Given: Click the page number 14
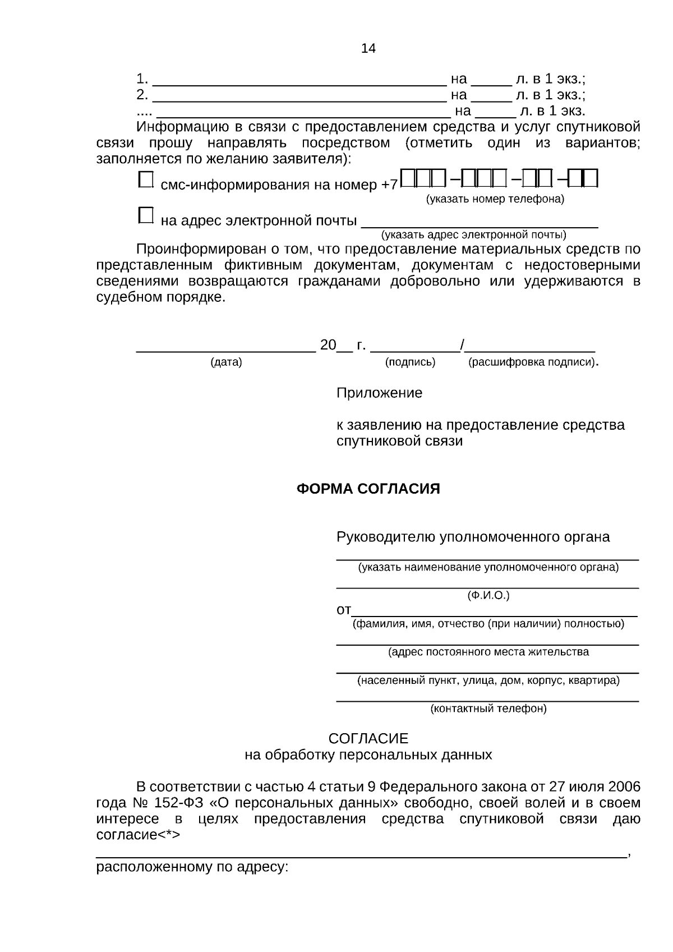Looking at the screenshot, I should coord(368,48).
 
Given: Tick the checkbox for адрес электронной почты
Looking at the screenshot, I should coord(145,215).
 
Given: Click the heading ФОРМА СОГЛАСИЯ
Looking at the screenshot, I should coord(368,489).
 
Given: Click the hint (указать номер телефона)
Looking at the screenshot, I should coord(495,199).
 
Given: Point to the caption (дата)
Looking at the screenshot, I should coord(226,362).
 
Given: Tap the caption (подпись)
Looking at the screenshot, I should coord(410,362).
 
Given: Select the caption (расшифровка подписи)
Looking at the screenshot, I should coord(532,362).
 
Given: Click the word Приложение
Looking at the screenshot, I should coord(379,393).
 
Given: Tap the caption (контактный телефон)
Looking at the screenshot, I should coord(488,709).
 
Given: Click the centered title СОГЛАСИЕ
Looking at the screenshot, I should coord(368,738).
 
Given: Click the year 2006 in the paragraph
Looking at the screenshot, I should coord(624,787).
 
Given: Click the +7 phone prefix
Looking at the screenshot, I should coord(389,185).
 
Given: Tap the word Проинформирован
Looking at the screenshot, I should coord(201,249).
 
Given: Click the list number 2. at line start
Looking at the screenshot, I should coord(142,94).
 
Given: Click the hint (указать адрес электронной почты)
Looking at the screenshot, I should coord(473,234).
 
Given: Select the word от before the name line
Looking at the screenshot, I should coord(343,610).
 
